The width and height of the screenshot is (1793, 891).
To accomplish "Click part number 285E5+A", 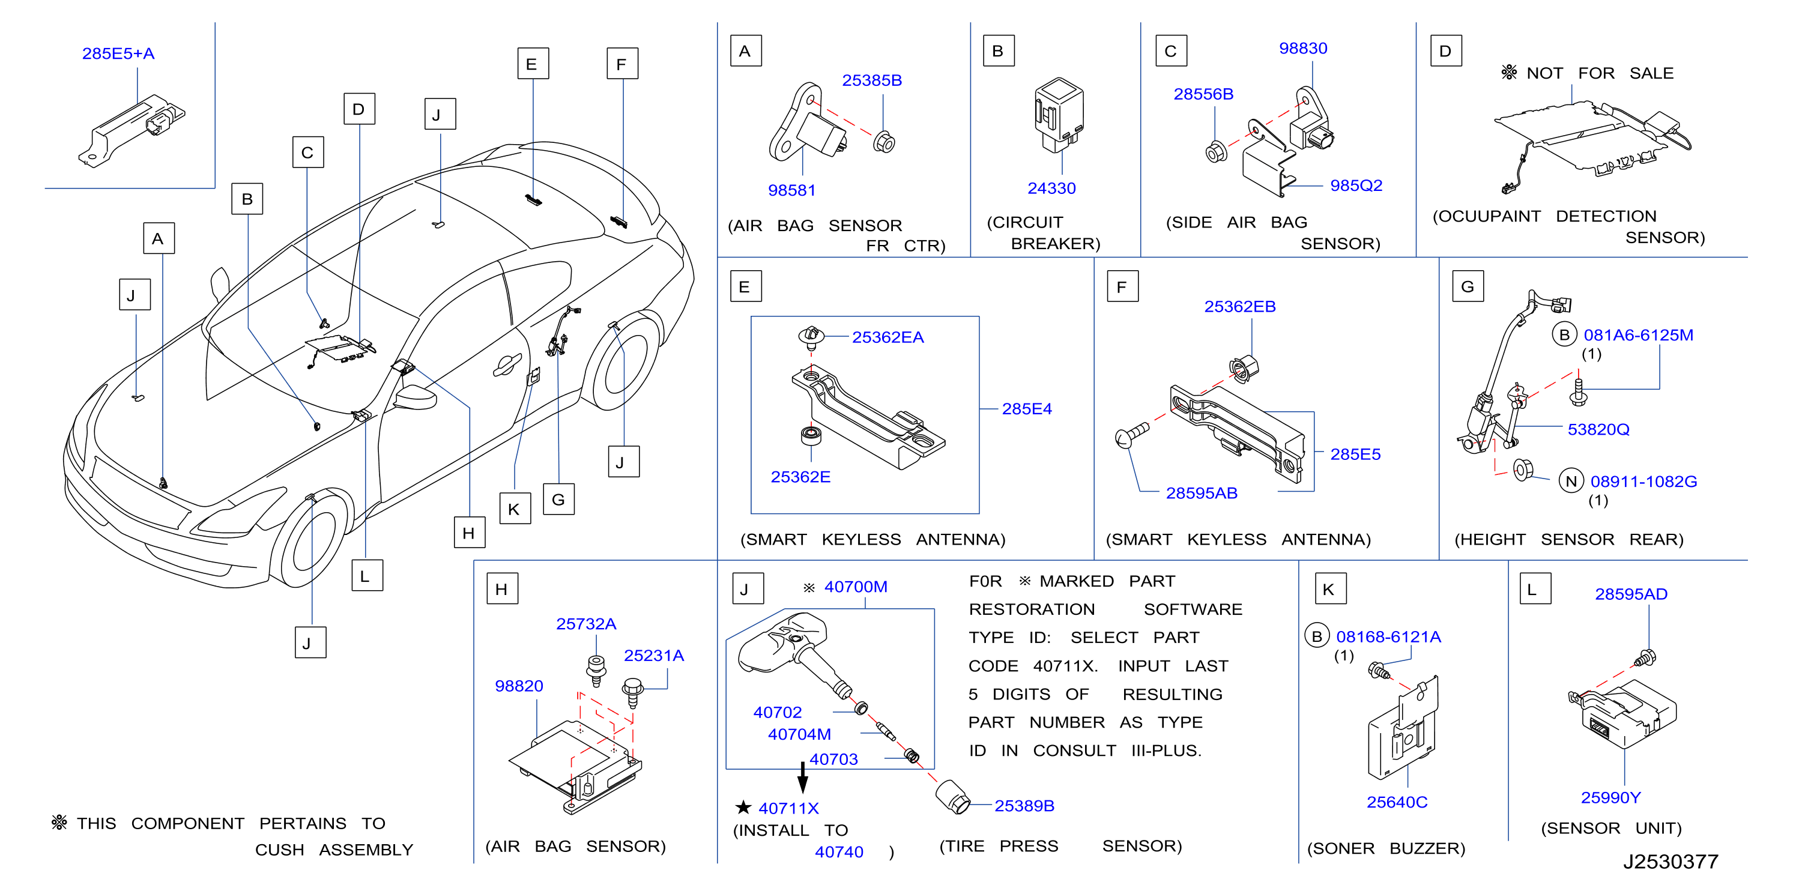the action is click(x=118, y=53).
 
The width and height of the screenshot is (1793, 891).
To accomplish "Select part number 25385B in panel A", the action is click(x=871, y=80).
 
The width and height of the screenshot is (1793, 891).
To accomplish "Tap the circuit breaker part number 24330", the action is click(x=1051, y=189).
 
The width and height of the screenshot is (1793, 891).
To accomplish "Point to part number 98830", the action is click(x=1302, y=49).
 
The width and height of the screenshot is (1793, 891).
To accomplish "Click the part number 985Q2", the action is click(x=1356, y=186).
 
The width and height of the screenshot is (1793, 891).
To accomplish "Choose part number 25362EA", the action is click(x=887, y=337).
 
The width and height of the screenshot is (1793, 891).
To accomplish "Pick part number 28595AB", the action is click(x=1202, y=494).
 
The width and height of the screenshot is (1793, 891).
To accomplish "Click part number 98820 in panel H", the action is click(x=519, y=686).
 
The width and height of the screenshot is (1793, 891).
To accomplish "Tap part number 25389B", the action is click(x=1024, y=806).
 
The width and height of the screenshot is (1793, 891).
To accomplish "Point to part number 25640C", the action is click(x=1396, y=803).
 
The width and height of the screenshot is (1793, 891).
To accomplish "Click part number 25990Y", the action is click(x=1610, y=798).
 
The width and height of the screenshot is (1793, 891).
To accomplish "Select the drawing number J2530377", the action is click(x=1671, y=862).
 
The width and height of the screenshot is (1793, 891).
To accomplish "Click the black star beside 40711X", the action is click(x=743, y=808).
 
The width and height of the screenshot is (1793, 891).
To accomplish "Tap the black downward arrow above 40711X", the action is click(x=803, y=777).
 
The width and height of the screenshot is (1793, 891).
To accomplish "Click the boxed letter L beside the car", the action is click(x=367, y=576).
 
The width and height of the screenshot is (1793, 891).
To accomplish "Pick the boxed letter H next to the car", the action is click(x=469, y=533).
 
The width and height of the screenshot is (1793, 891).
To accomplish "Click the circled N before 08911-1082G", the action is click(x=1570, y=482).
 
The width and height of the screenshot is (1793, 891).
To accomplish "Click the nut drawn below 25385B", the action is click(x=883, y=143).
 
